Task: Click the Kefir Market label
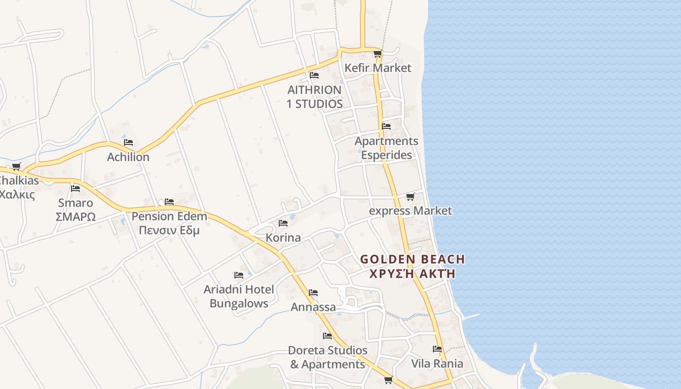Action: coord(378,68)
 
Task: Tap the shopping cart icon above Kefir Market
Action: coord(377,54)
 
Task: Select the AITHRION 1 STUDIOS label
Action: coord(314,97)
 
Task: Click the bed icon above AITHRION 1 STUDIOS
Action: coord(314,75)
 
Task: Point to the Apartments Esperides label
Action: coord(386,148)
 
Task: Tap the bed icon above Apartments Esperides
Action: coord(386,126)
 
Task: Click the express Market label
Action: coord(411,211)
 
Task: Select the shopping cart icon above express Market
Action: coord(410,197)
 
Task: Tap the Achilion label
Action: coord(128,157)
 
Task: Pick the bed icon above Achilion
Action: coord(128,142)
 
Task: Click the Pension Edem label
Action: coord(169,216)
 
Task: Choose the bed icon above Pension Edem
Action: coord(169,201)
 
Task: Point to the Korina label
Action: coord(283,238)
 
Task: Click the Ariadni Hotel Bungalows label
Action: coord(239,296)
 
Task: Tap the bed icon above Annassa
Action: coord(313,293)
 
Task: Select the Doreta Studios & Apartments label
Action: coord(327,357)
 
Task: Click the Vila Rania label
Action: coord(437,364)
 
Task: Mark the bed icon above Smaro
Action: coord(75,189)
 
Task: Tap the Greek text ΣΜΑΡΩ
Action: coord(75,217)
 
